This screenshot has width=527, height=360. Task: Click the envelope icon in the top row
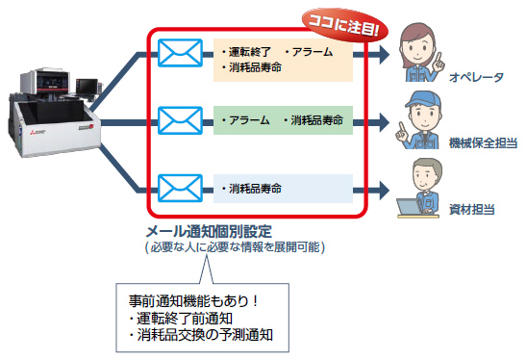[179, 55]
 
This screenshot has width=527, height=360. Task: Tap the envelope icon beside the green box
[179, 120]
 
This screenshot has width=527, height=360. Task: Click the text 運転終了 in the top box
[248, 51]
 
